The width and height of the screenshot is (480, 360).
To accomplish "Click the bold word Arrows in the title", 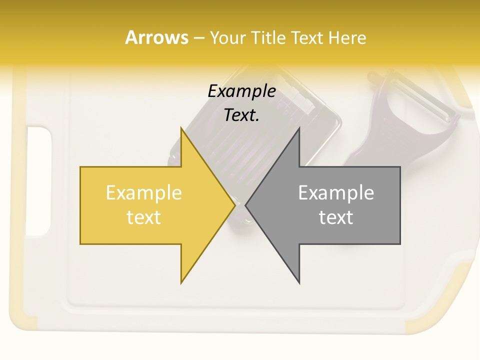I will point(156,37).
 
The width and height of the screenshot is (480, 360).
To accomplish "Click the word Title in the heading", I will point(269,38).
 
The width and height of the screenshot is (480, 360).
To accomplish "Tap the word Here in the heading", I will point(347,38).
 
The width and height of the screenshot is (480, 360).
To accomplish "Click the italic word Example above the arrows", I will point(242,91).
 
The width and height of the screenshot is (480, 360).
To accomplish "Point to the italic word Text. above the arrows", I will point(242,115).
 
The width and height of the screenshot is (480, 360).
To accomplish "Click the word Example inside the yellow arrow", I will point(144,193).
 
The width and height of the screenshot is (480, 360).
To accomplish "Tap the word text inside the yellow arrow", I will point(144,217).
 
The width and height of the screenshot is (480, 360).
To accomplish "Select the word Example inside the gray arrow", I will point(336,193).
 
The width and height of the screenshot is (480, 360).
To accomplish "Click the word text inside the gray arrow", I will point(336,217).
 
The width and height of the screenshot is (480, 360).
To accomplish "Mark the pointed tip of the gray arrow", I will point(246,205).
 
